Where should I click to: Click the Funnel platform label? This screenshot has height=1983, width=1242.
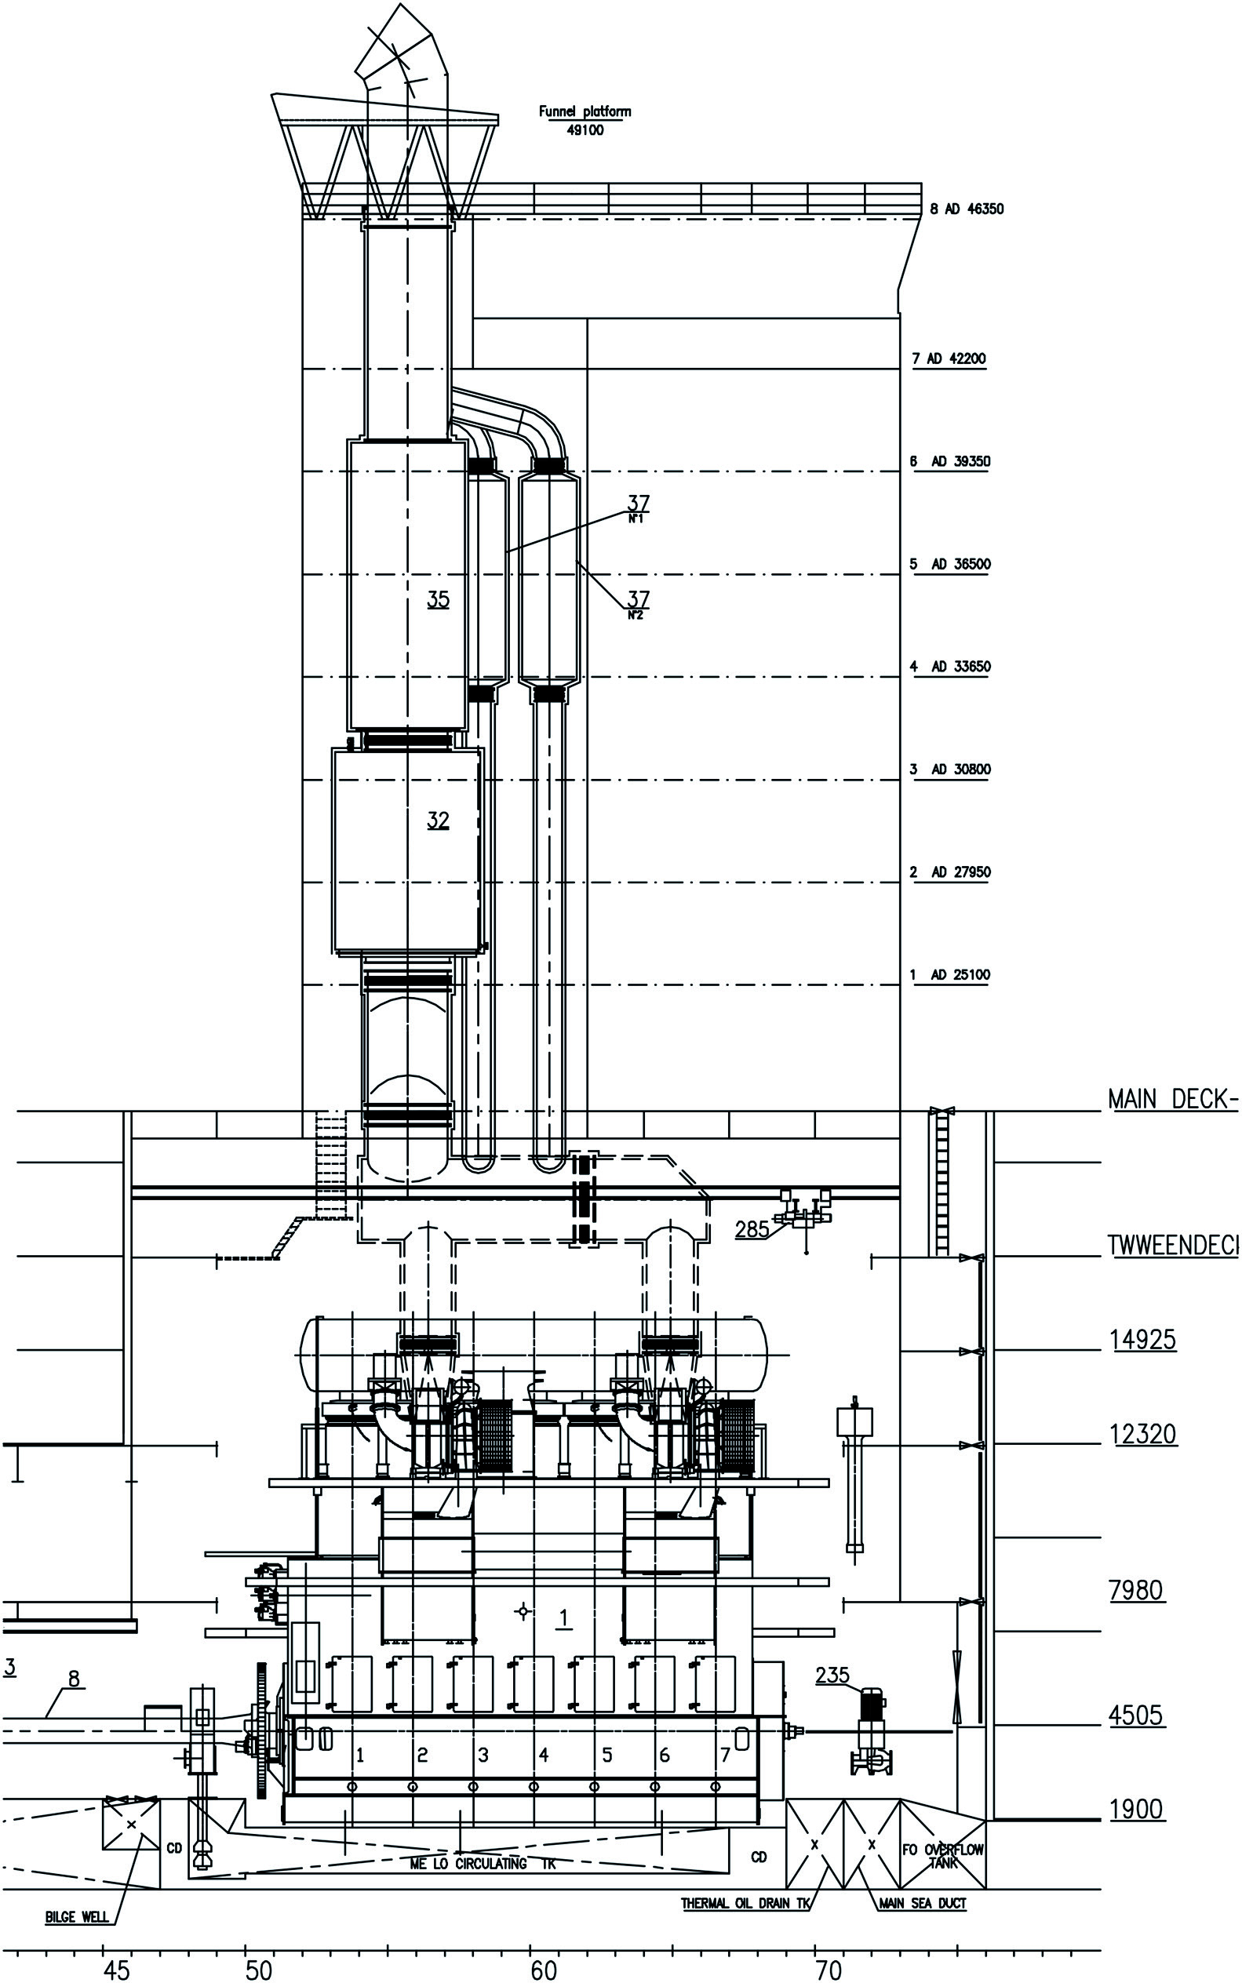pos(585,111)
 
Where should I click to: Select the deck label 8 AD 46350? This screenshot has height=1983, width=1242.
pos(966,209)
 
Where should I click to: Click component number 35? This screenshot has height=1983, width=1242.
pos(438,599)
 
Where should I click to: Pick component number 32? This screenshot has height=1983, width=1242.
pos(438,820)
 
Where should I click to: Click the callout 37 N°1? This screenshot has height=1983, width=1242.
pos(638,507)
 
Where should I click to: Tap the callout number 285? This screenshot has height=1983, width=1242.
pos(752,1228)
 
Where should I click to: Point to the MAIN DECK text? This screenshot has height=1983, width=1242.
pos(1171,1100)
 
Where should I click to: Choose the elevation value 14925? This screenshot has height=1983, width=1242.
pos(1143,1341)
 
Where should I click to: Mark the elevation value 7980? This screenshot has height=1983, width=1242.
pos(1135,1591)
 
